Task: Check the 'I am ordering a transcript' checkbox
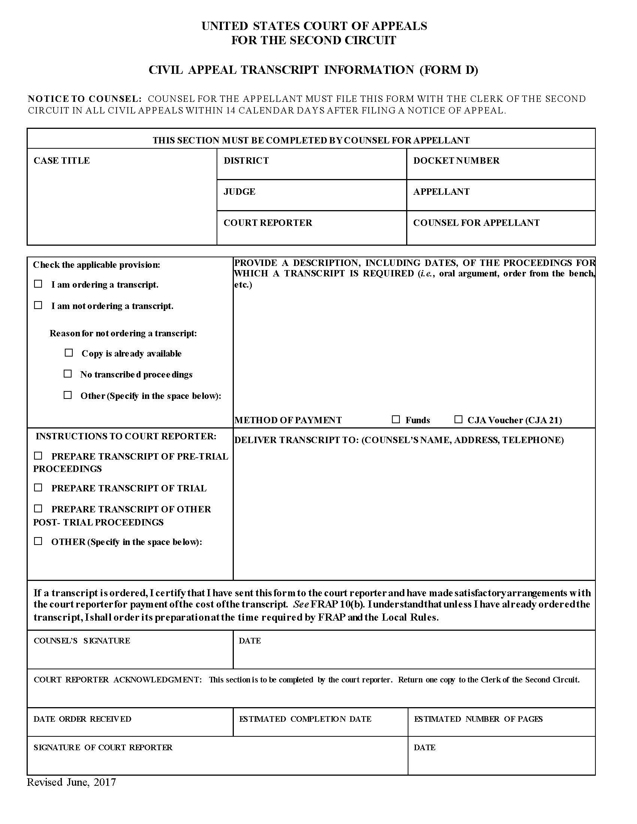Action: tap(38, 284)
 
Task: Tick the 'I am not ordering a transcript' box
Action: tap(38, 305)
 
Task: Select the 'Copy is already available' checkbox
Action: tap(69, 353)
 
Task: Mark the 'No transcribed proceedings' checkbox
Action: tap(67, 374)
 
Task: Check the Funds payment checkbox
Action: tap(395, 419)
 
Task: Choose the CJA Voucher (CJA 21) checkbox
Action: tap(458, 419)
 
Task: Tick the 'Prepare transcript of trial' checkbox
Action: tap(38, 487)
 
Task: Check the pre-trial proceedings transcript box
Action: tap(38, 456)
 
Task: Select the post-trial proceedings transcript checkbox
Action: tap(38, 509)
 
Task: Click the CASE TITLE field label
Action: tap(61, 161)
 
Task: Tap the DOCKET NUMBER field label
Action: tap(456, 161)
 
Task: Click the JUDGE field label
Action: tap(239, 192)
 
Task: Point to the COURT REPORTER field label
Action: tap(268, 222)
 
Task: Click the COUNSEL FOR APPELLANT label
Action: tap(476, 222)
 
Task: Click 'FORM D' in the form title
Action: tap(449, 70)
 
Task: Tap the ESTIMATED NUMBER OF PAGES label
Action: tap(478, 719)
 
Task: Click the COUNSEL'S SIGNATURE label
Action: tap(82, 640)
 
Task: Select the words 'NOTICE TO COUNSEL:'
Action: tap(85, 99)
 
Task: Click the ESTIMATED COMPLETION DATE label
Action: tap(305, 719)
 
